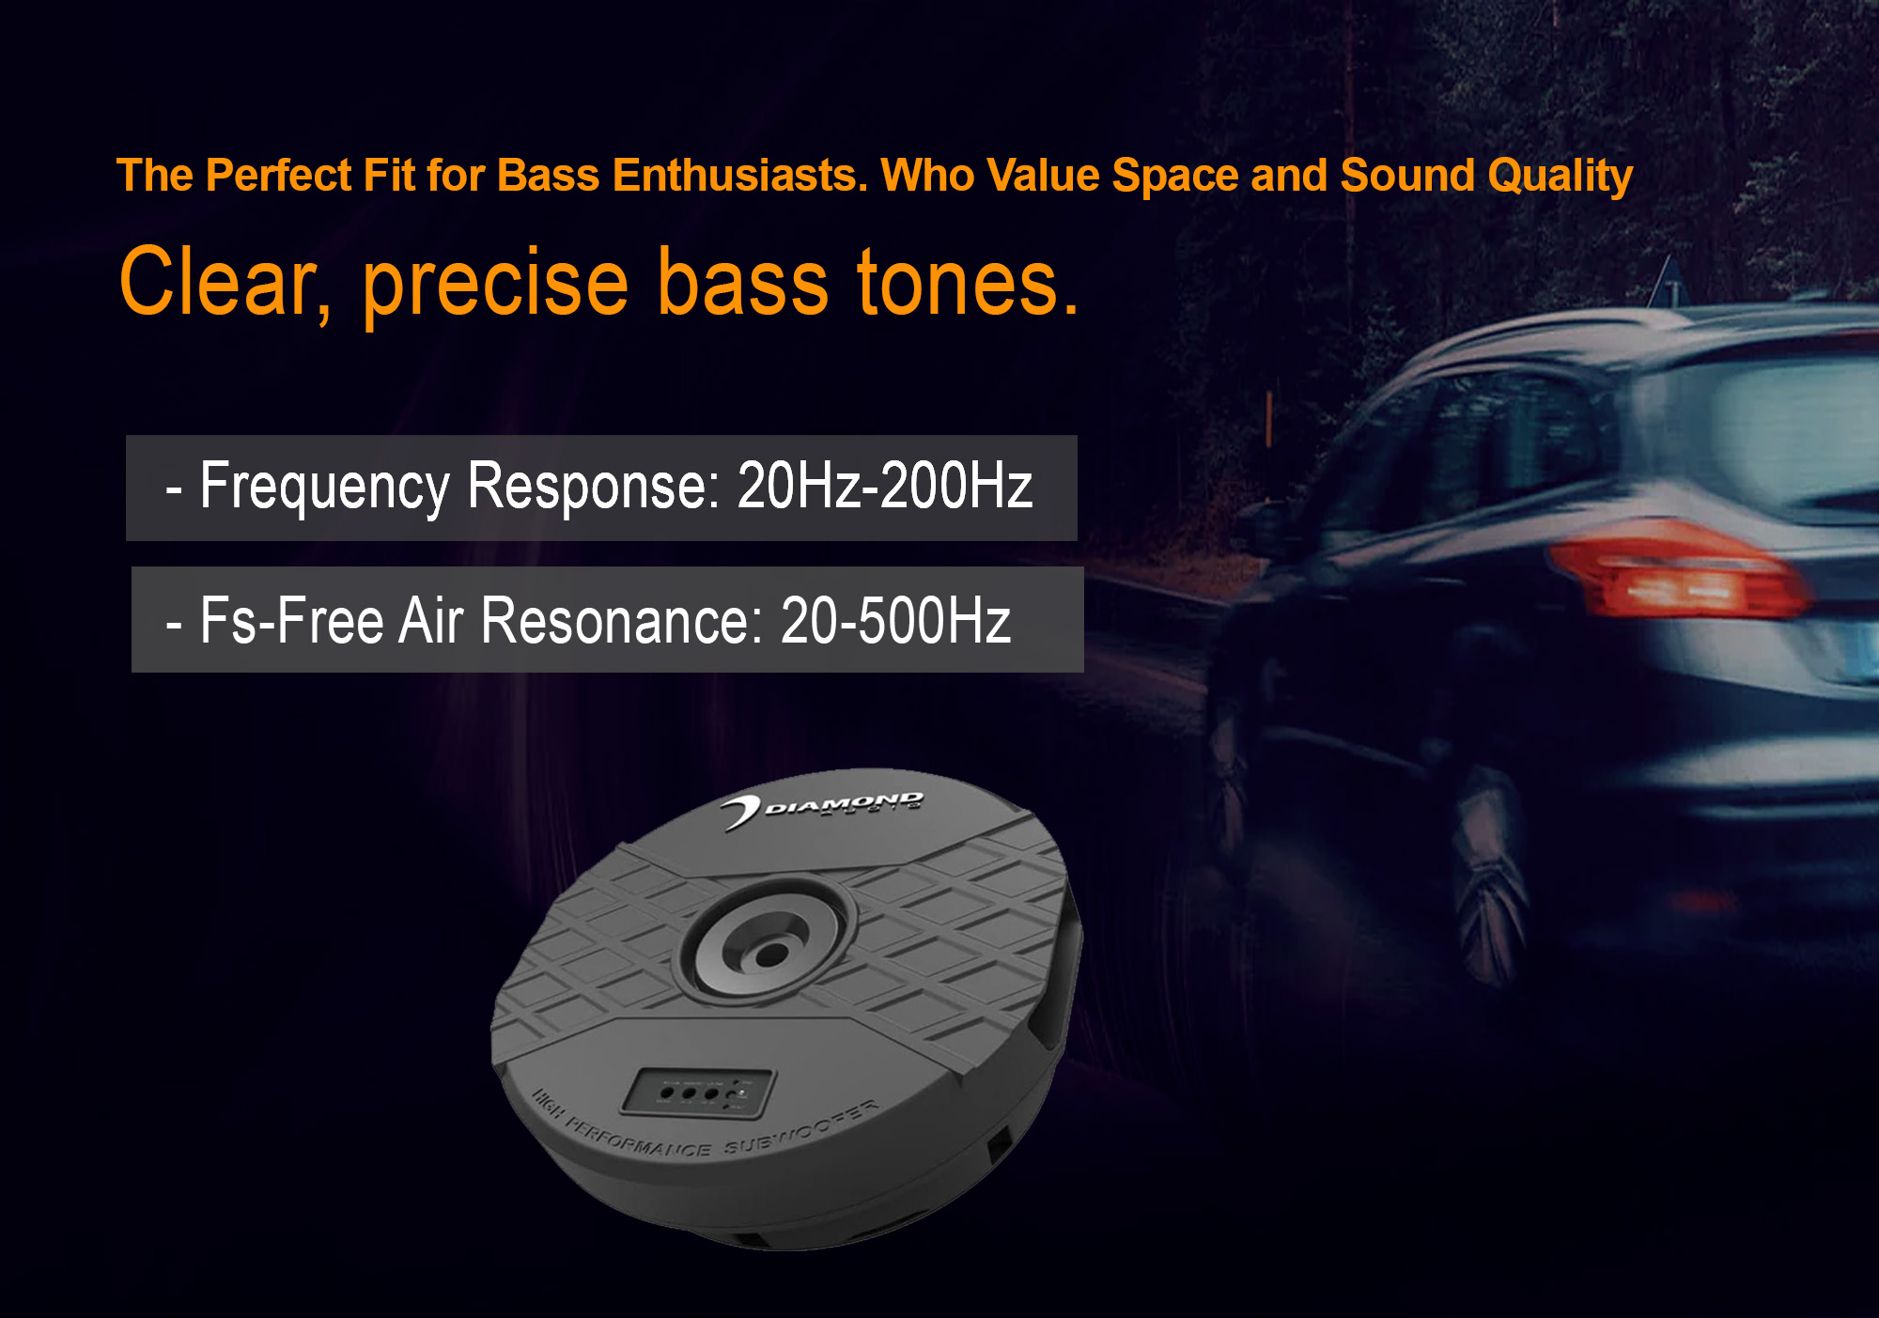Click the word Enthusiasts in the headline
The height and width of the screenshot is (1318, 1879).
click(x=739, y=176)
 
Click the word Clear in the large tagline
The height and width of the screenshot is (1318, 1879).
click(x=220, y=283)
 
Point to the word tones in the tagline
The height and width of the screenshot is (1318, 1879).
click(x=968, y=283)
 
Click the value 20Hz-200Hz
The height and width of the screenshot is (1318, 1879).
click(x=884, y=487)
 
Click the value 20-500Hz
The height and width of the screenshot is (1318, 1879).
click(x=895, y=621)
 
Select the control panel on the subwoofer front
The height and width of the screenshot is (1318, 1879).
click(x=700, y=1092)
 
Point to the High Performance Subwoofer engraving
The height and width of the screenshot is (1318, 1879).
click(x=705, y=1132)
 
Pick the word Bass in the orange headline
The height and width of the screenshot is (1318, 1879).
click(x=548, y=176)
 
